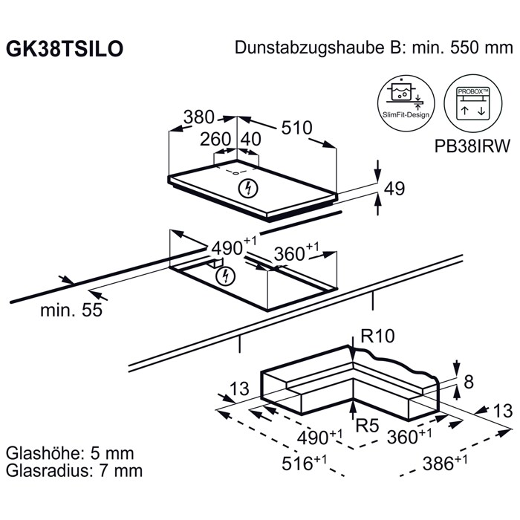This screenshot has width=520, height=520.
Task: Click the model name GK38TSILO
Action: click(x=65, y=49)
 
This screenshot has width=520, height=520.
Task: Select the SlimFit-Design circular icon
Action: click(x=406, y=103)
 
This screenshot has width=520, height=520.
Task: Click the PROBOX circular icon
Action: click(x=473, y=103)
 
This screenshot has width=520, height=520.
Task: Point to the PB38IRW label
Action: click(x=472, y=146)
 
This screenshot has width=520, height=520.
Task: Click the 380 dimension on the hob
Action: click(x=199, y=117)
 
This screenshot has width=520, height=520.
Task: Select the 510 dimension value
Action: click(x=297, y=128)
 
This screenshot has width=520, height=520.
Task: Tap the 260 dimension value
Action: click(x=215, y=139)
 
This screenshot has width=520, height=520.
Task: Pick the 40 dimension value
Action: click(x=251, y=139)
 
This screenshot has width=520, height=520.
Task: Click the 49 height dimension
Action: click(x=394, y=189)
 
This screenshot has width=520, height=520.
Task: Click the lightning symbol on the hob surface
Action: click(x=248, y=189)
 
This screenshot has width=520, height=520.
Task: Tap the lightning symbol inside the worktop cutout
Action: click(x=225, y=276)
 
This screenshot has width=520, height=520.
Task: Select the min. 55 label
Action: click(x=71, y=311)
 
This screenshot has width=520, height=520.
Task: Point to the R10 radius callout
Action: click(x=377, y=336)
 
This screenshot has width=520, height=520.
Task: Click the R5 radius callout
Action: click(x=367, y=426)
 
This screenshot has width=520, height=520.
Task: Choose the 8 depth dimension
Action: click(x=469, y=382)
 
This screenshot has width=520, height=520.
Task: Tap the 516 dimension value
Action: click(x=297, y=464)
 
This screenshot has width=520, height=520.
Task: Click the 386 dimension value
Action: click(x=438, y=464)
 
